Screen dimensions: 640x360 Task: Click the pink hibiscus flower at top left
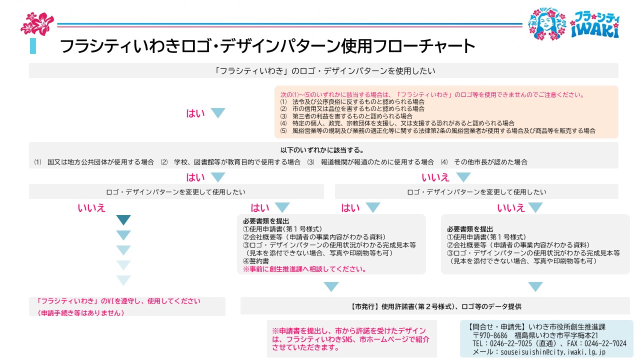37,23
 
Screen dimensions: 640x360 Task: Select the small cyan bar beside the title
33,46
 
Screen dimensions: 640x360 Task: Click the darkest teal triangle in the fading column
123,219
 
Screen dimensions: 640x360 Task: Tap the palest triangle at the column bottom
123,280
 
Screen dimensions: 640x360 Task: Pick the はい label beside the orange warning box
195,113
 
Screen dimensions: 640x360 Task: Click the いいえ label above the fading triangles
91,207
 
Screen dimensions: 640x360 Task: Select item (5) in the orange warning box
437,131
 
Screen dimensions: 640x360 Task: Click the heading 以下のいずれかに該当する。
322,150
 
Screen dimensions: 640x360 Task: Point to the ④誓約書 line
256,261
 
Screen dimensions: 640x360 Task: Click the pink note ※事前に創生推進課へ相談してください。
304,269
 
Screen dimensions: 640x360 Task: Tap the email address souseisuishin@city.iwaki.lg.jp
553,352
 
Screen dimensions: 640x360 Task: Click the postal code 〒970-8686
490,335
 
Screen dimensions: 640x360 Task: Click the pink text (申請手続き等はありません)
81,313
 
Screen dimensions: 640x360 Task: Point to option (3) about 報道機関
370,162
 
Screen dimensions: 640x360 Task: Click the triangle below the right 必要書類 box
535,286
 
